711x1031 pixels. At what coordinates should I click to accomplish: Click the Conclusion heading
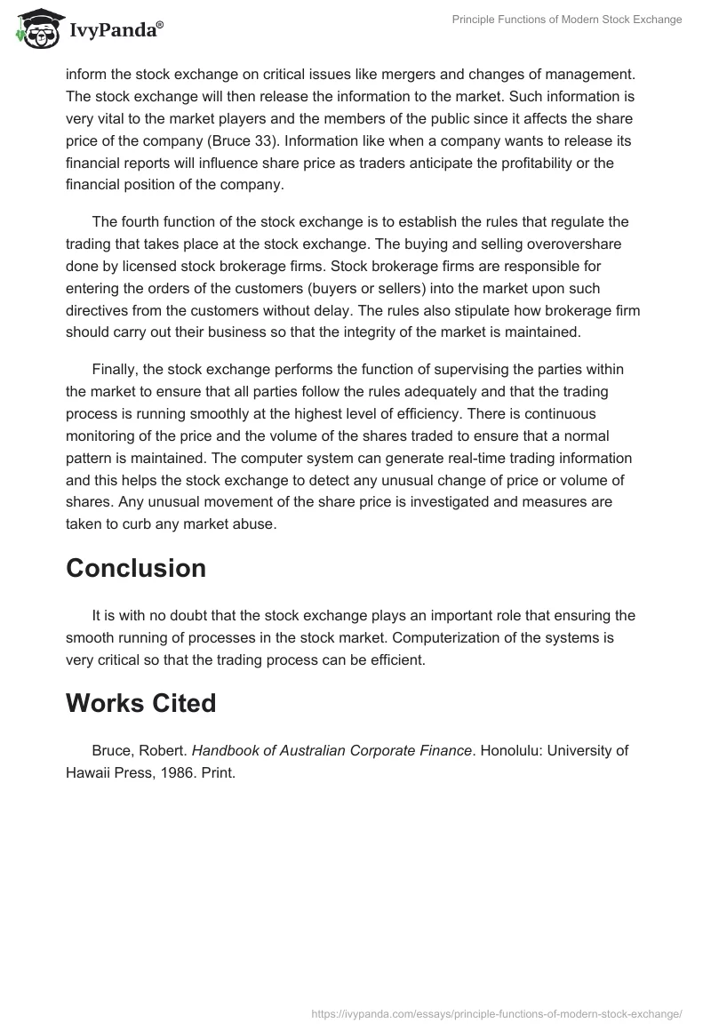pos(136,568)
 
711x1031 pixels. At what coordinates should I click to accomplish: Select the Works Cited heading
pos(140,703)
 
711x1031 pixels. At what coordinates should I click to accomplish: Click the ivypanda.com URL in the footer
pos(498,1012)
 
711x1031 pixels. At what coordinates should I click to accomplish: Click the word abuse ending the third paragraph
pos(258,524)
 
